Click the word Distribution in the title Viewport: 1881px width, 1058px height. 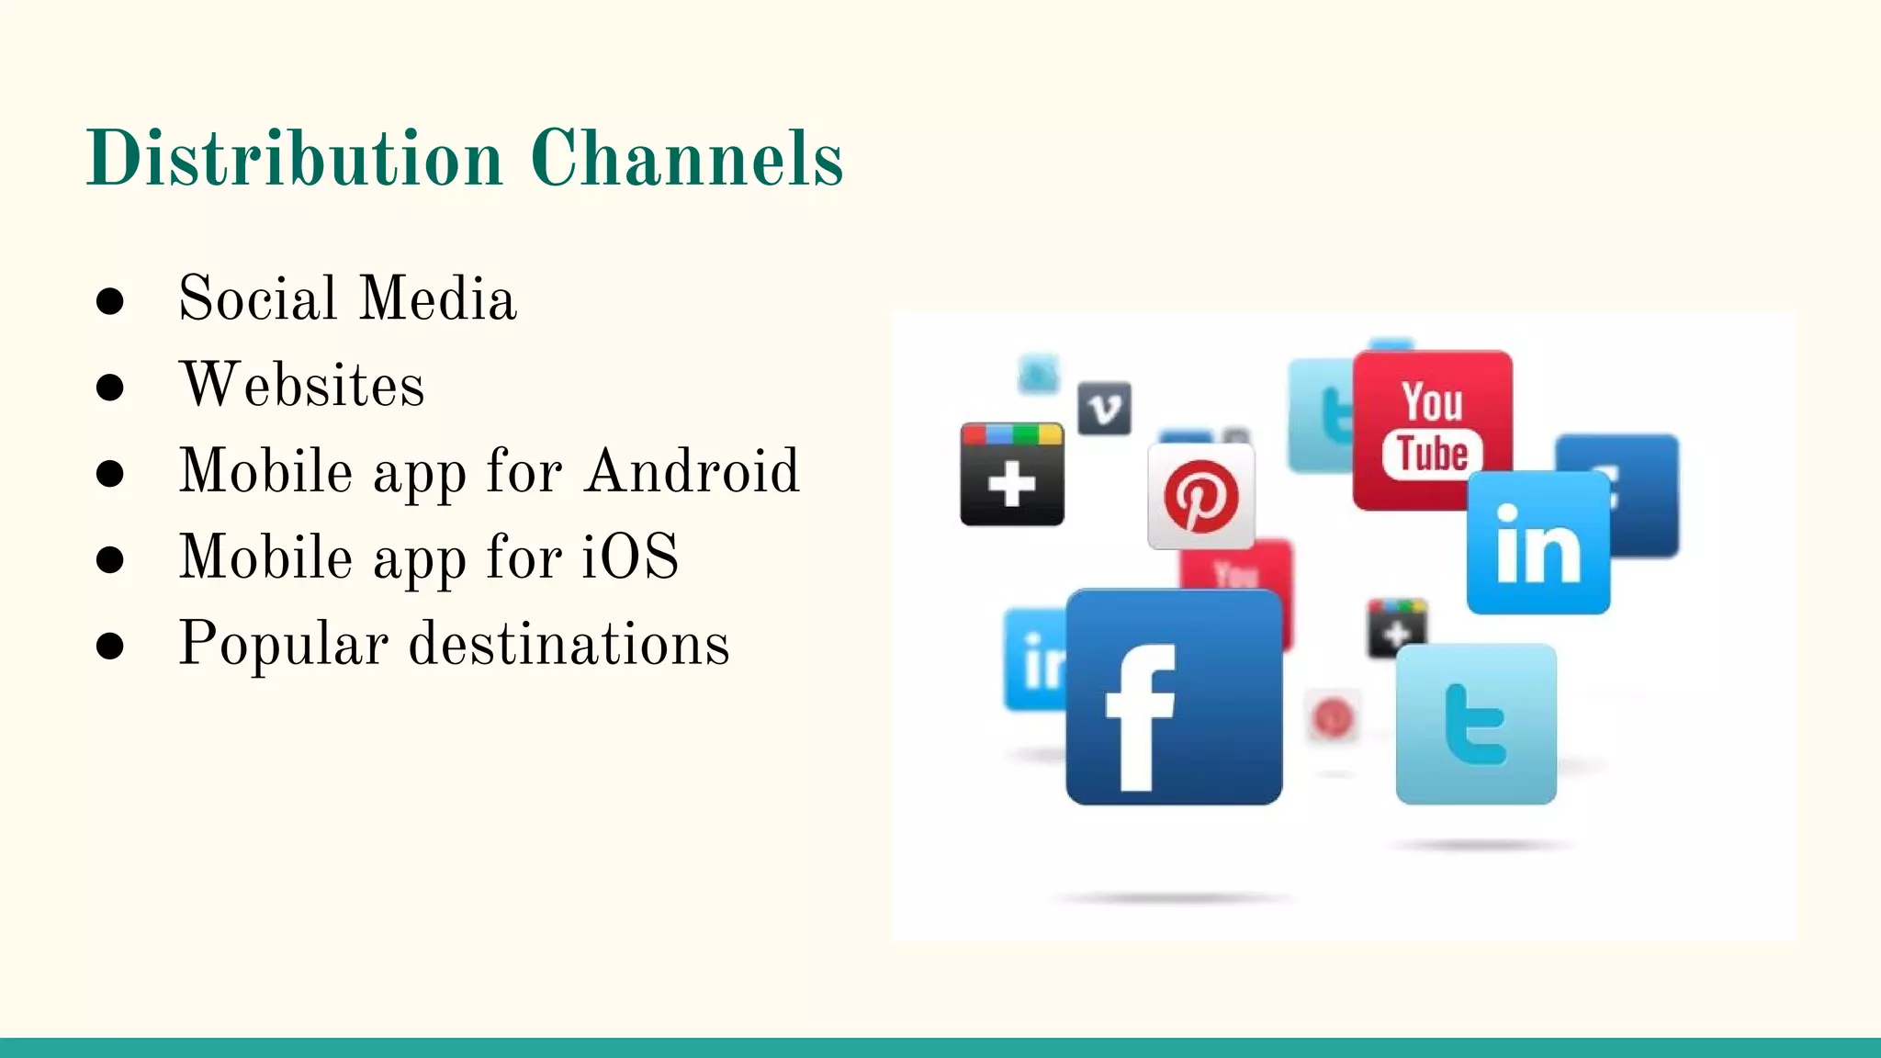(295, 158)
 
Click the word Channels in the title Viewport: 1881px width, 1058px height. (686, 158)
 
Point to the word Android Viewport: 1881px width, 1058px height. (693, 471)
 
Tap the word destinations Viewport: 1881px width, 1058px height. (569, 643)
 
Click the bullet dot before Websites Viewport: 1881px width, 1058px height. (109, 387)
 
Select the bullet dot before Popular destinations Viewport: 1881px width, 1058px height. (109, 646)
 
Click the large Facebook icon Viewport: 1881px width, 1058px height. (1174, 697)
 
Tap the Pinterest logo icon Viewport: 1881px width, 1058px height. (1201, 497)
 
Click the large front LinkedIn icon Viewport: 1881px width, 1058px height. (1538, 543)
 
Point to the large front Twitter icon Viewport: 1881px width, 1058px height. (1476, 724)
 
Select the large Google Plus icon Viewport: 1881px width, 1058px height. (1012, 474)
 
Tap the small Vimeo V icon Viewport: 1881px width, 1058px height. (1104, 409)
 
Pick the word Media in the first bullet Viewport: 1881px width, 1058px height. (439, 298)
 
